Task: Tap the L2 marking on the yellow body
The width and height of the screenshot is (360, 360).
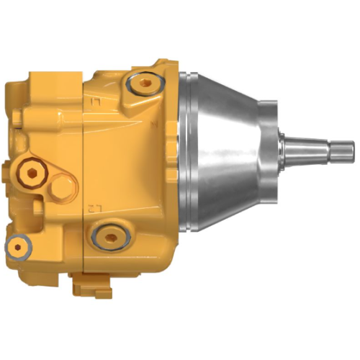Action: point(92,208)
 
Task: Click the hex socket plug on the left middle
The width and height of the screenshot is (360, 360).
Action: point(31,171)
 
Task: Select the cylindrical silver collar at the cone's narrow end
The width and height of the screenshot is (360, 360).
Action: point(266,151)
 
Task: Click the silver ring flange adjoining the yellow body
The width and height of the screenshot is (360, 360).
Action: point(186,151)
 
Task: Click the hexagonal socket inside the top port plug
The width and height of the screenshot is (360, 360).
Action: point(146,84)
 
